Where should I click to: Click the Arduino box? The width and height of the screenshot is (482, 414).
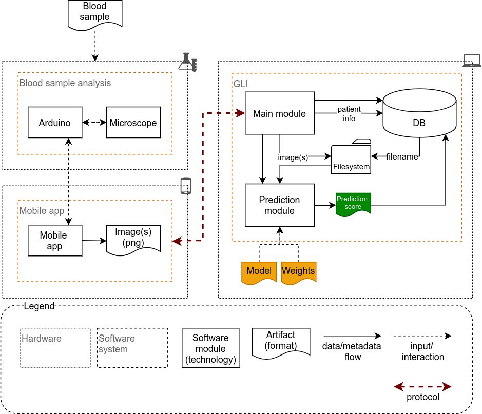tap(55, 123)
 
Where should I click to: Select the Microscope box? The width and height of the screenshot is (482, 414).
tap(133, 123)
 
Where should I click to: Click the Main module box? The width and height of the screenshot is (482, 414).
tap(279, 113)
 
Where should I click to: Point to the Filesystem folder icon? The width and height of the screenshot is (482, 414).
tap(351, 157)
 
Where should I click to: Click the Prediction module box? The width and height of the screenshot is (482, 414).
tap(279, 205)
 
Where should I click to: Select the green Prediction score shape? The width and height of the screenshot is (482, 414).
tap(353, 203)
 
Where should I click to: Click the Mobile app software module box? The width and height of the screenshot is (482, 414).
tap(55, 241)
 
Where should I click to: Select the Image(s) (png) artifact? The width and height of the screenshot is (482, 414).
tap(133, 239)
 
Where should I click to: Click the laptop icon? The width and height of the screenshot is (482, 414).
tap(472, 61)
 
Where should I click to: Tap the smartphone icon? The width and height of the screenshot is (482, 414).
tap(186, 186)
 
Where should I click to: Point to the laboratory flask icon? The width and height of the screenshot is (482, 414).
tap(187, 61)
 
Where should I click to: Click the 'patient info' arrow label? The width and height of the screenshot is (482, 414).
tap(349, 114)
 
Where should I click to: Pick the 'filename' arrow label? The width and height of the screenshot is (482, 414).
tap(402, 157)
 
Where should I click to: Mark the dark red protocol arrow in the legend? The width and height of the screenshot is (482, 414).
tap(422, 386)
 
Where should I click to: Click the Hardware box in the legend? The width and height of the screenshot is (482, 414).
tap(55, 348)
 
